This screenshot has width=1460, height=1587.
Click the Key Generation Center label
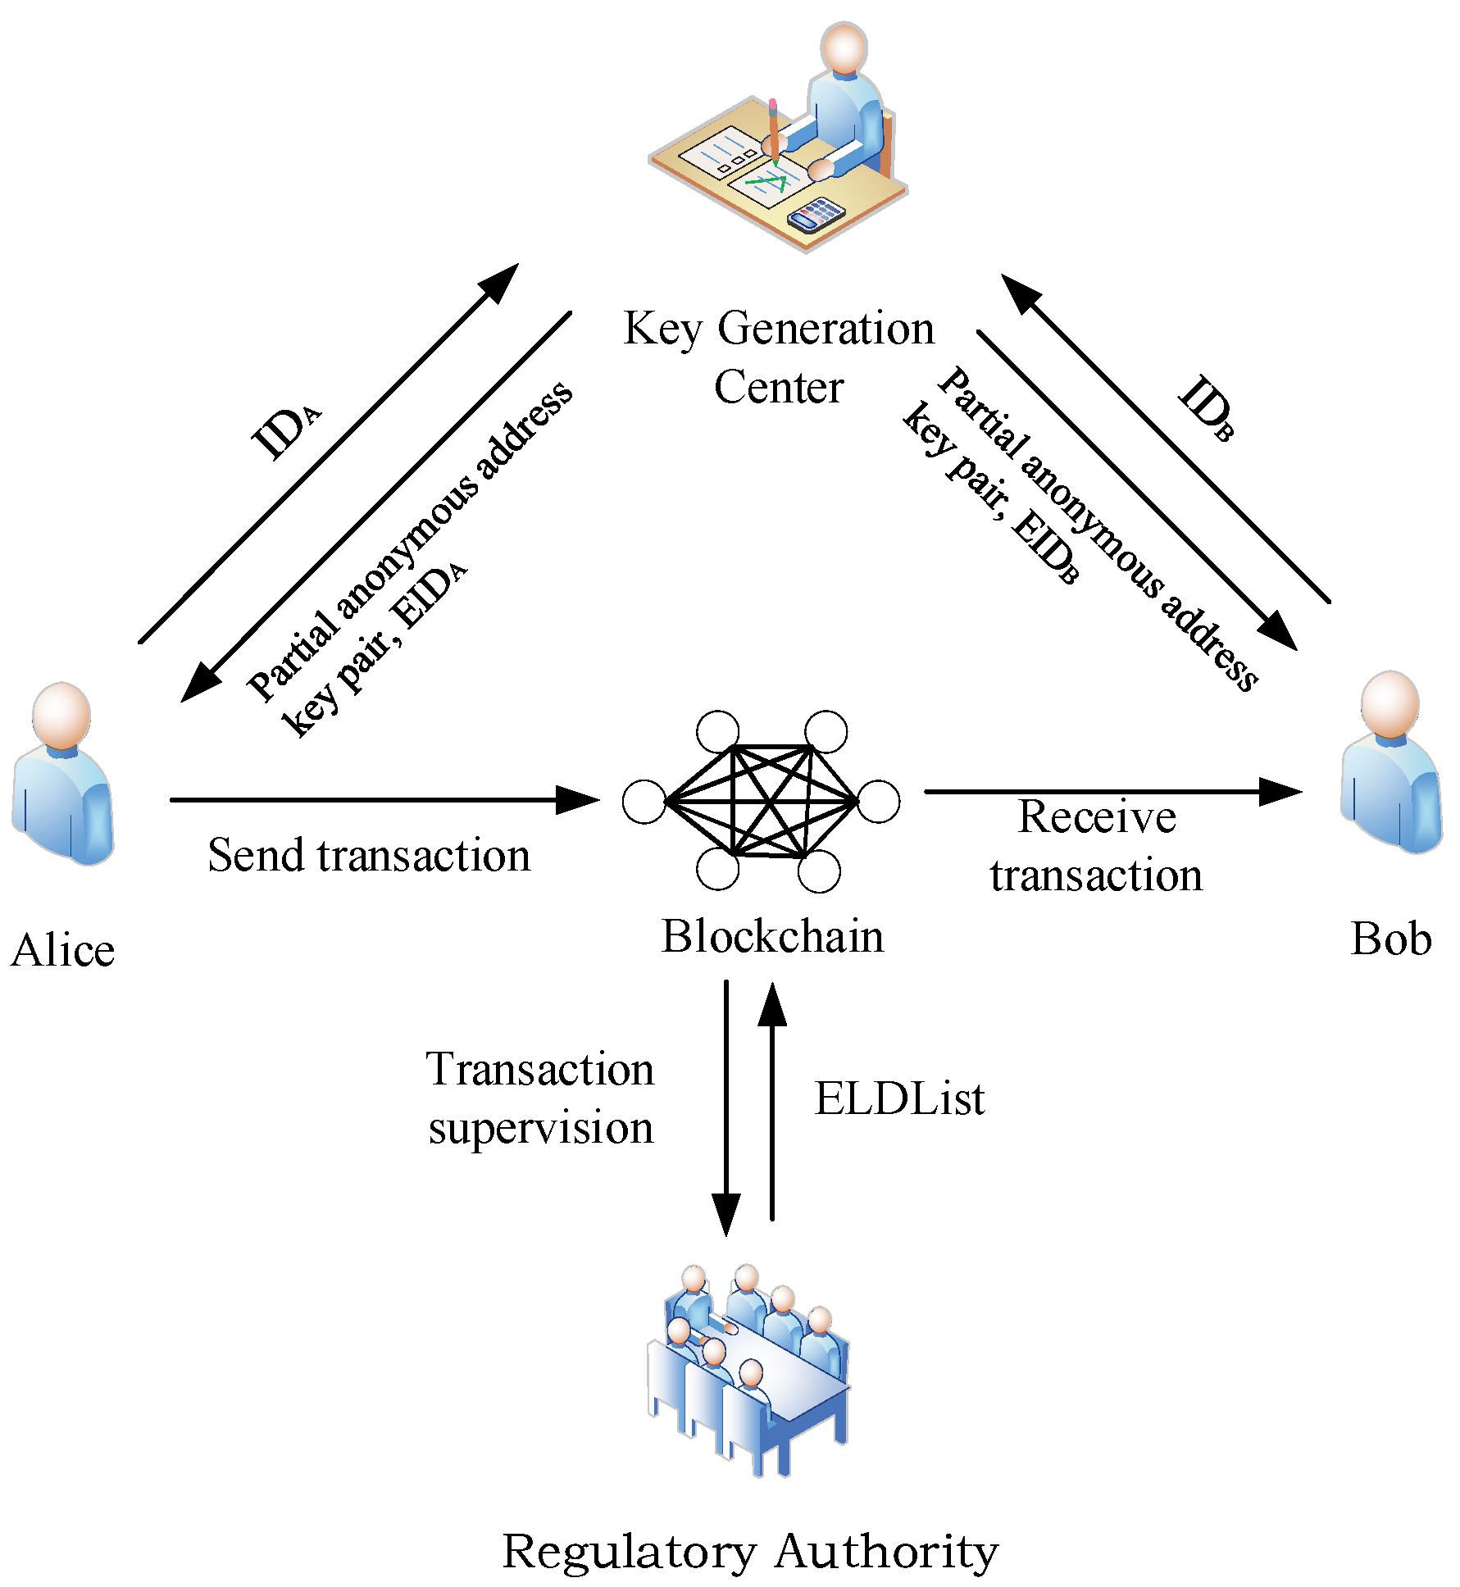click(778, 357)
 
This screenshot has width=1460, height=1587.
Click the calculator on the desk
click(815, 216)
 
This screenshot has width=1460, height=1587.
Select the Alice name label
click(63, 951)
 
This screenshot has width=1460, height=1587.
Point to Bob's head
click(1390, 703)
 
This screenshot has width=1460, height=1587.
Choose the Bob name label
click(1390, 939)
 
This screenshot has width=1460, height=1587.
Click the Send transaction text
click(369, 856)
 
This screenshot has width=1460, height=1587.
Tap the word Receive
click(1097, 818)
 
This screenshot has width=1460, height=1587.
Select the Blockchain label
click(772, 937)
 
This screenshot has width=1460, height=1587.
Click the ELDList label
click(899, 1099)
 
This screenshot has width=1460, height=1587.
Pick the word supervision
click(541, 1129)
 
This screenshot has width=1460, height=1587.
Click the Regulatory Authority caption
click(749, 1551)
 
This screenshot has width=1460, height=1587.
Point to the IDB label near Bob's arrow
click(1206, 407)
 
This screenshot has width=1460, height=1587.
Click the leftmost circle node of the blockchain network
click(644, 802)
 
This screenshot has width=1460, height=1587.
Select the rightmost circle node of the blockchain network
click(878, 801)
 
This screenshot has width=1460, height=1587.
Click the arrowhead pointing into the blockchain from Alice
click(578, 800)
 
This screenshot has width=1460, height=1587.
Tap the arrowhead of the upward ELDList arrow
click(771, 1004)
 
